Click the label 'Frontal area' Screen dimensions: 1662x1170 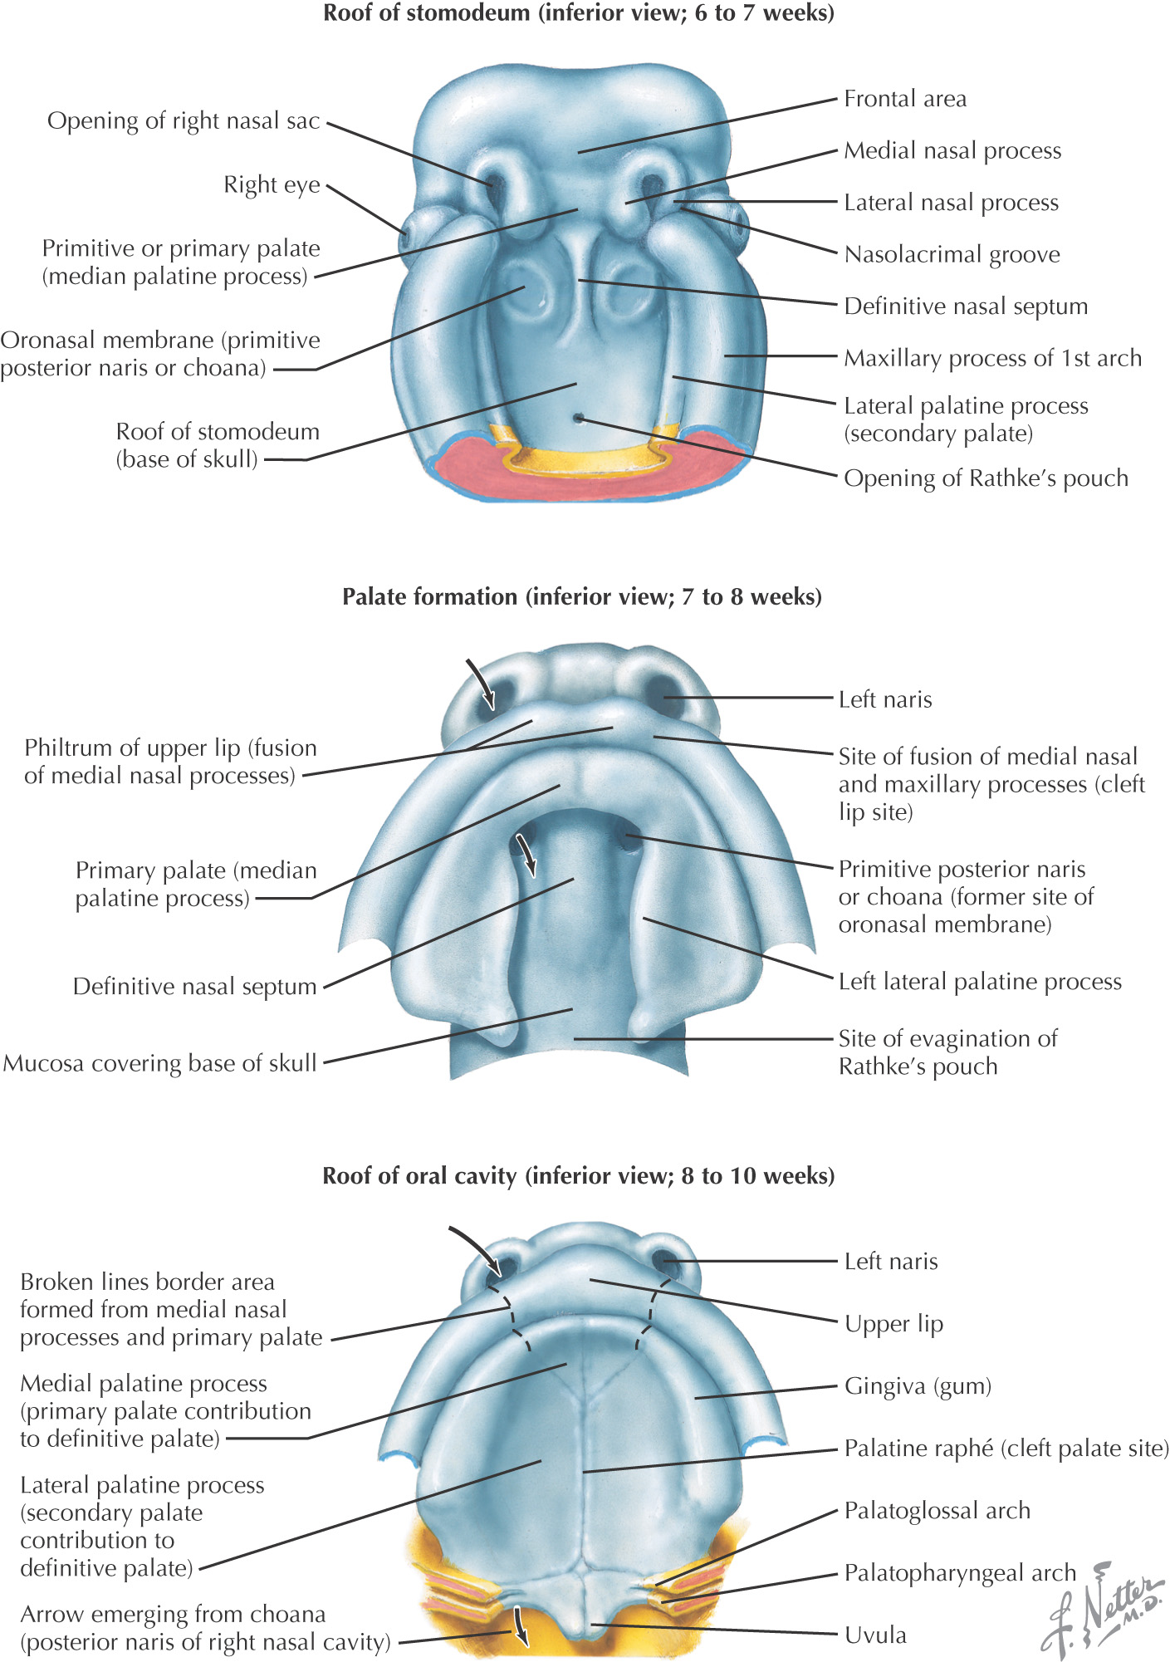coord(904,99)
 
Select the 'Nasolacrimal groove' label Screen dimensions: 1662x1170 coord(952,254)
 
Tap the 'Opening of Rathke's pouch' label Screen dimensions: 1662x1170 coord(986,478)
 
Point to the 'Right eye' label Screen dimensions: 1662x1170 coord(272,184)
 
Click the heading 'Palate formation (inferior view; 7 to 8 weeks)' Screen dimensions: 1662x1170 coord(582,596)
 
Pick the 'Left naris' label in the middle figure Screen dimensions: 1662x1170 coord(884,699)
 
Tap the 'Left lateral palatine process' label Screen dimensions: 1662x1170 coord(979,982)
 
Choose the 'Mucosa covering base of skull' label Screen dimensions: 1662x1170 coord(160,1063)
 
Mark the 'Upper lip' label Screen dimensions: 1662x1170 coord(893,1323)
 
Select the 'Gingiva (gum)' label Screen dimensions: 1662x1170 coord(918,1385)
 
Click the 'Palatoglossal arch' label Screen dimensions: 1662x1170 coord(937,1510)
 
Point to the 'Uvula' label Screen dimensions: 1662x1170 coord(875,1635)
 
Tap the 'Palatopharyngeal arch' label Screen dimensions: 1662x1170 coord(959,1572)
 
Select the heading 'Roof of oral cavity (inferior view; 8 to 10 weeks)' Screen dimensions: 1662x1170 coord(579,1176)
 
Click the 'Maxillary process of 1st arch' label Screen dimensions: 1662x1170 coord(992,358)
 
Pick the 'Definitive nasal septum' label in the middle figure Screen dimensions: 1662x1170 coord(195,987)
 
